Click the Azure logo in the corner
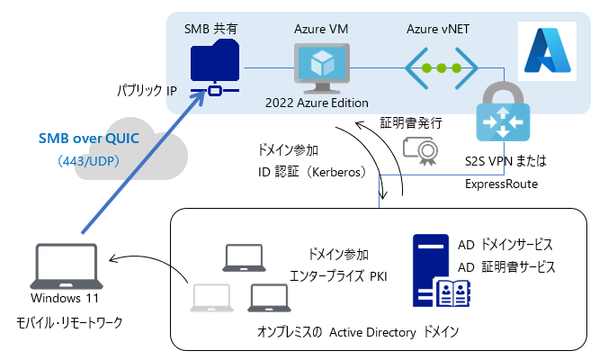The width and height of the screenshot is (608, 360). click(546, 49)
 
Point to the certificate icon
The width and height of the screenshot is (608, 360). click(418, 152)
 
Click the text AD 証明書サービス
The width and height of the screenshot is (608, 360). click(506, 266)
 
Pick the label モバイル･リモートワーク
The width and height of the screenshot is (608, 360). click(66, 321)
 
